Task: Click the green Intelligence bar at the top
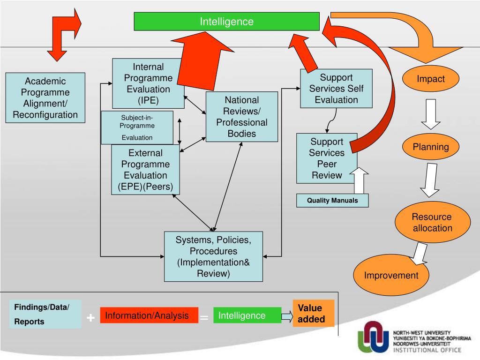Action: tap(227, 22)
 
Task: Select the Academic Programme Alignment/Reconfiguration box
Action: tap(45, 97)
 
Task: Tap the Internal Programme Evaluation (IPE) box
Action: tap(148, 83)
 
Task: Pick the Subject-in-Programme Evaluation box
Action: tap(137, 127)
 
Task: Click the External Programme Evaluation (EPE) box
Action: tap(145, 170)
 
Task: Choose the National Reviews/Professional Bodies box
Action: tap(242, 117)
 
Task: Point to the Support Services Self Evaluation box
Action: tap(336, 89)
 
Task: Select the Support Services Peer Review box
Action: tap(327, 158)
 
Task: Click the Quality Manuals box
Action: tap(332, 201)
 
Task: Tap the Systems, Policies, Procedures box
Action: tap(213, 256)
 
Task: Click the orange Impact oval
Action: tap(431, 79)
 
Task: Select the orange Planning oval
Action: tap(431, 147)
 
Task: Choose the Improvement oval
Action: tap(391, 275)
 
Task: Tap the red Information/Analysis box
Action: tap(147, 315)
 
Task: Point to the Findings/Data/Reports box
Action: tap(45, 314)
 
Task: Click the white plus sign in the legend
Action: tap(90, 318)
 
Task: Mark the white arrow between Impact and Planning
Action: tap(430, 113)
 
